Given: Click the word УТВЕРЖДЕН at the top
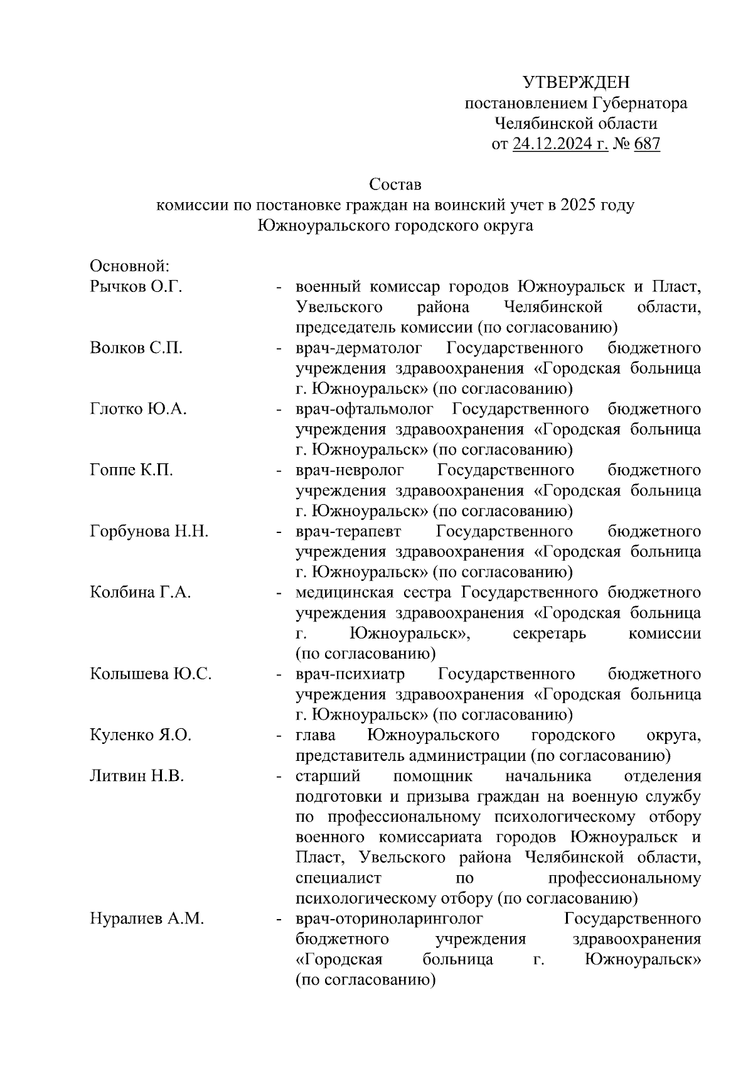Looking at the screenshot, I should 575,82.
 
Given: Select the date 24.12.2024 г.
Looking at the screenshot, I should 560,144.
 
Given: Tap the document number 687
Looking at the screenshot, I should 647,144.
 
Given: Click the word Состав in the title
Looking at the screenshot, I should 395,185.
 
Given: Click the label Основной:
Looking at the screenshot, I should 130,266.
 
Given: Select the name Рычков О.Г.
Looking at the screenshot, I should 136,287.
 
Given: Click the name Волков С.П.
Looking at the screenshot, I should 136,348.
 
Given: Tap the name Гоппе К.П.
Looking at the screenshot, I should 131,470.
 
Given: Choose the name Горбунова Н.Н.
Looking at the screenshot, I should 149,531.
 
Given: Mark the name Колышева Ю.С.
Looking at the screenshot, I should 151,674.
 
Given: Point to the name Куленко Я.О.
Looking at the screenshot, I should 140,735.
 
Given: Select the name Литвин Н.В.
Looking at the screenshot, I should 136,776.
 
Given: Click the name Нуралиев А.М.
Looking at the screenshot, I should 147,919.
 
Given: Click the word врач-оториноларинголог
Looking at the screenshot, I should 389,919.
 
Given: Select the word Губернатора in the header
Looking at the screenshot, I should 639,103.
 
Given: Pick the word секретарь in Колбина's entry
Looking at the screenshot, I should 549,633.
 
